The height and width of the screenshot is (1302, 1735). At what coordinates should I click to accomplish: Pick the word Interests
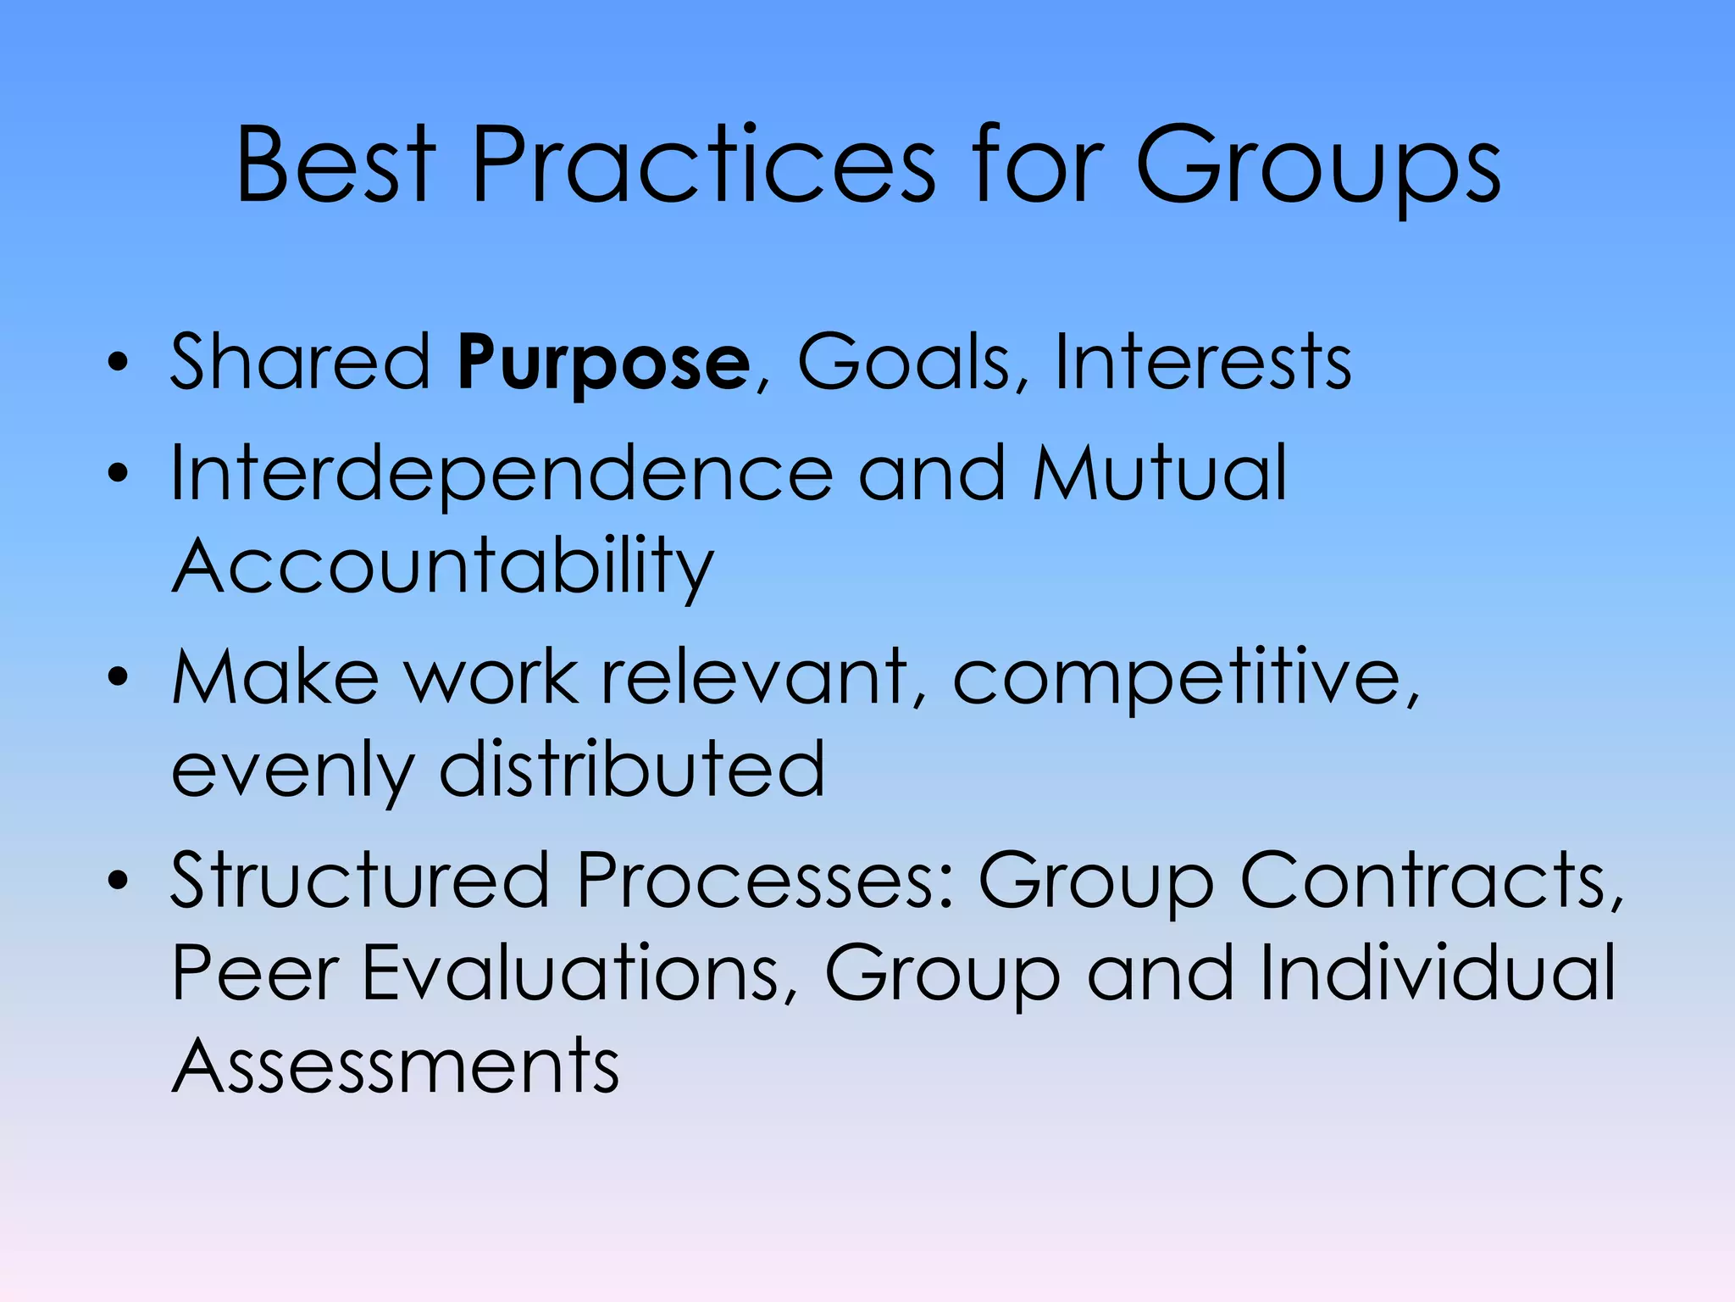click(x=1202, y=362)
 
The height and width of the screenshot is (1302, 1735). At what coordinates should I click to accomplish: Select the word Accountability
click(x=443, y=566)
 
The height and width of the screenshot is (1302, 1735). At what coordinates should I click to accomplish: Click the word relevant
click(x=754, y=677)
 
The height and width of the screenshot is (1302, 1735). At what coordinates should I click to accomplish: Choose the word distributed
click(x=632, y=769)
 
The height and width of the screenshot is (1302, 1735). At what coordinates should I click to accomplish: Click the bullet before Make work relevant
click(x=118, y=677)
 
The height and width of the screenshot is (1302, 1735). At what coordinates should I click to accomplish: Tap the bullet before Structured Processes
click(x=118, y=881)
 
